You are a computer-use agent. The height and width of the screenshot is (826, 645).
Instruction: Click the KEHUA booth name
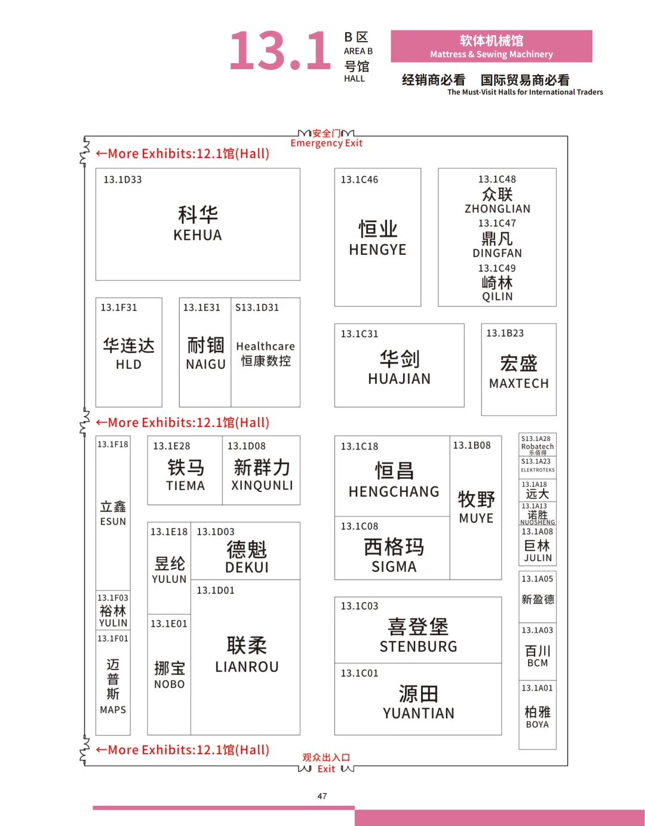[198, 235]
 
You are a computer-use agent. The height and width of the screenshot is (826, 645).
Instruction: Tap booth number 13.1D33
[122, 180]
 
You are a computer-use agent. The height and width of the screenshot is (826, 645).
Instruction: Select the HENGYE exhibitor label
[377, 249]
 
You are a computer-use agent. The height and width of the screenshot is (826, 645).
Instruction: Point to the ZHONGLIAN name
[497, 209]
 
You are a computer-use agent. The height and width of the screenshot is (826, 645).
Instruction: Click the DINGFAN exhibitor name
[497, 253]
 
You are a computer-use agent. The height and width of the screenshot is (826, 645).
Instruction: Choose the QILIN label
[497, 297]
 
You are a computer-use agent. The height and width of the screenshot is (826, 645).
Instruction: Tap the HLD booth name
[128, 364]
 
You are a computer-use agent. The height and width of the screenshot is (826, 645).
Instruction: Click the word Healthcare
[266, 346]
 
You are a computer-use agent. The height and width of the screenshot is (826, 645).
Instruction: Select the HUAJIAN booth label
[399, 378]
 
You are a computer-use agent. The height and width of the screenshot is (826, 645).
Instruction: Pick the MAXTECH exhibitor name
[518, 383]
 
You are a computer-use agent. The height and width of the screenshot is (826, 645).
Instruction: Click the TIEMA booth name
[185, 486]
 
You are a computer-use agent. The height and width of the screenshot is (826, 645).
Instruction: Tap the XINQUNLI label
[262, 486]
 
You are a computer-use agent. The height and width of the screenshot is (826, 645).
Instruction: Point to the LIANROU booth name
[247, 667]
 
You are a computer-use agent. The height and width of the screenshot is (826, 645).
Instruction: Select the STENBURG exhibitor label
[418, 646]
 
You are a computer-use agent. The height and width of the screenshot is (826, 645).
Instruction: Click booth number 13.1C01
[360, 673]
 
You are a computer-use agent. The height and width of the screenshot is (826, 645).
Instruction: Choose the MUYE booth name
[476, 518]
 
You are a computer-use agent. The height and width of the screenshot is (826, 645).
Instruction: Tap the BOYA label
[537, 725]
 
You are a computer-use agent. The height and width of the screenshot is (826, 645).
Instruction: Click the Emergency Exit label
[326, 143]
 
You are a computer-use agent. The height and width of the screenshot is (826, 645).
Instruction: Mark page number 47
[322, 796]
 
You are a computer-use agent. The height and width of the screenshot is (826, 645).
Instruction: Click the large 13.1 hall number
[280, 51]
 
